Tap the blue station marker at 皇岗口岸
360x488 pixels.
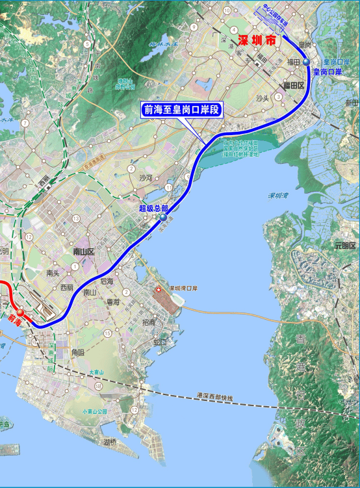point(306,61)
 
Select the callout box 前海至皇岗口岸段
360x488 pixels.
point(181,109)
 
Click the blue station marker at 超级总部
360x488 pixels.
point(162,219)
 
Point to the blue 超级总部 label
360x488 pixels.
point(153,209)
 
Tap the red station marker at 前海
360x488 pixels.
point(20,313)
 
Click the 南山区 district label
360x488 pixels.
point(83,251)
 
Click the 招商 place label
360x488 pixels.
point(149,323)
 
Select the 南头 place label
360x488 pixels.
point(53,274)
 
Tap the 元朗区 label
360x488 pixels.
point(346,246)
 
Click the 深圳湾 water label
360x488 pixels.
point(279,195)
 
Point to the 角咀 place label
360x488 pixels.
point(77,352)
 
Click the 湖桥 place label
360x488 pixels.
point(110,442)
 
